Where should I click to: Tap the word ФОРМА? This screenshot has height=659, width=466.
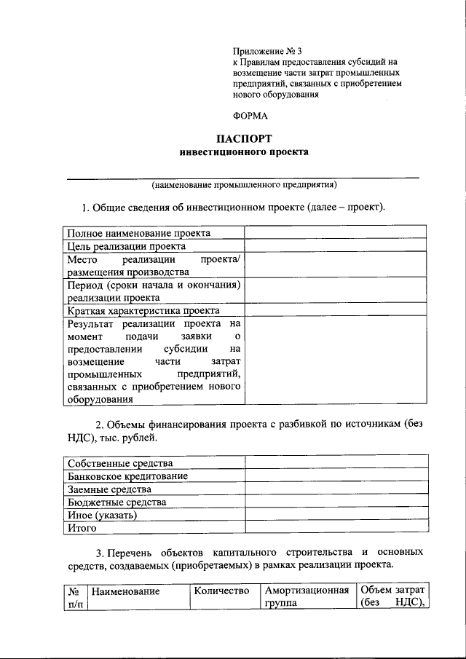(x=250, y=114)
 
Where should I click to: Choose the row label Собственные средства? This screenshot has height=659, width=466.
(x=120, y=463)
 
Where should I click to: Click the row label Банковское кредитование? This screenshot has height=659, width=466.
(x=128, y=476)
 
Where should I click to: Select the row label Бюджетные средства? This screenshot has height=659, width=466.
(x=117, y=502)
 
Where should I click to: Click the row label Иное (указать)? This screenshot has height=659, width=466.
(x=102, y=516)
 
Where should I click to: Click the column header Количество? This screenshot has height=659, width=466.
(x=222, y=590)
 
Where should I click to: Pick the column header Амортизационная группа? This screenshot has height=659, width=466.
(x=307, y=596)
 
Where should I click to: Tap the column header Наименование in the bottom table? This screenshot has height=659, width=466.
(x=126, y=592)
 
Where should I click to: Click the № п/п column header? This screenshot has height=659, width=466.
(x=73, y=596)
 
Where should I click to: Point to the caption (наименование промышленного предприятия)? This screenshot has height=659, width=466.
(x=243, y=184)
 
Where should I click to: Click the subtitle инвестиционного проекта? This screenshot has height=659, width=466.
(x=244, y=152)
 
